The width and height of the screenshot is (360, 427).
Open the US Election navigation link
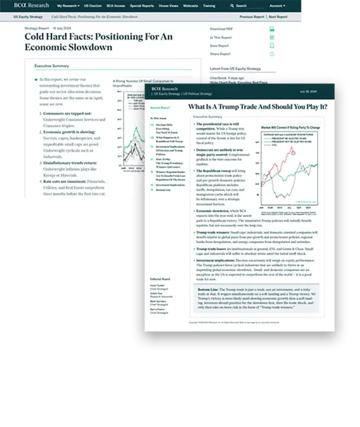tap(94, 5)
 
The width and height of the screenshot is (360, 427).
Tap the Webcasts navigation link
tap(191, 5)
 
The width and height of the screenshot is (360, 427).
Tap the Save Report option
tap(219, 46)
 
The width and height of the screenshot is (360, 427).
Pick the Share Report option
tap(220, 54)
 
